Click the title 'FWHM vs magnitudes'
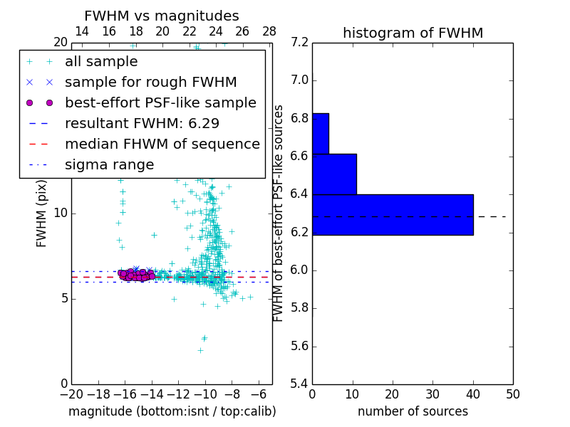pos(161,16)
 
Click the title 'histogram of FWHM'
pos(413,33)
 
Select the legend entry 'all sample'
pos(100,62)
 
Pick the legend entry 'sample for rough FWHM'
pos(150,83)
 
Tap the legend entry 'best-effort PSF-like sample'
pos(160,103)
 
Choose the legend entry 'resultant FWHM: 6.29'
pos(142,124)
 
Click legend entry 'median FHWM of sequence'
pos(162,144)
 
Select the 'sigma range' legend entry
pos(109,165)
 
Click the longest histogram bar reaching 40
pos(393,214)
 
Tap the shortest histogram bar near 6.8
pos(320,133)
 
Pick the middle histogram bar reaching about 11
pos(334,174)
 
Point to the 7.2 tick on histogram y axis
pos(300,42)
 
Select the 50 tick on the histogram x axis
pos(512,394)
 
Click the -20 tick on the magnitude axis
pos(71,394)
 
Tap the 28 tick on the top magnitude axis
pos(269,31)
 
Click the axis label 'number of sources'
pos(413,411)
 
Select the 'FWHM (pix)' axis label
pos(42,213)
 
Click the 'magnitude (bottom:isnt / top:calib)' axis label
pos(172,411)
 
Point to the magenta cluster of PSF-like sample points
pos(135,275)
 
